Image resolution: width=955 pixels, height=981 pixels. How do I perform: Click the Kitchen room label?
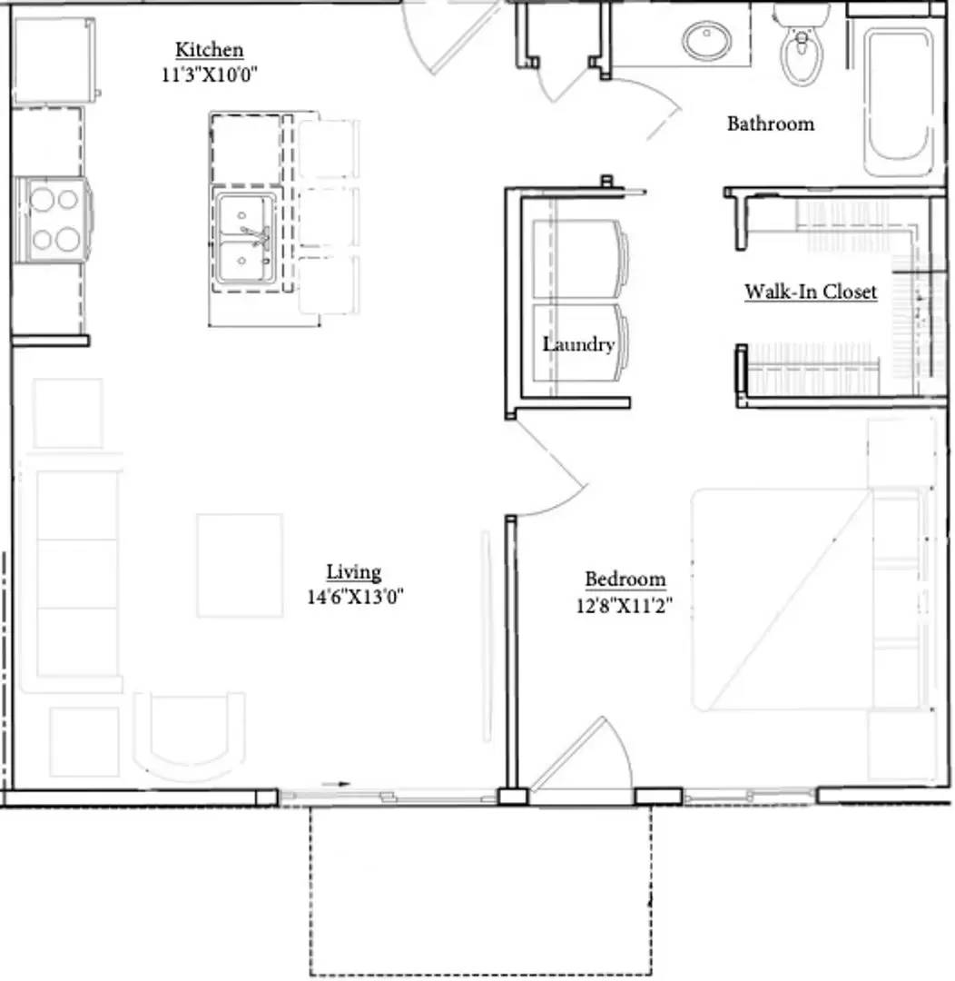click(209, 50)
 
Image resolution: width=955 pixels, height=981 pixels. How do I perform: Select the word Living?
click(354, 572)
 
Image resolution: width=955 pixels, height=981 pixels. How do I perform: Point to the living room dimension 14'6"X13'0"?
click(355, 597)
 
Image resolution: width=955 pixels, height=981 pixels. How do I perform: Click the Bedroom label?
click(625, 579)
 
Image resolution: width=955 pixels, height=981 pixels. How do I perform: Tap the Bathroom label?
click(770, 124)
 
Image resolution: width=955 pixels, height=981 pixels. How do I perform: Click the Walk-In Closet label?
click(811, 292)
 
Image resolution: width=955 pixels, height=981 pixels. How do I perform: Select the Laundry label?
click(578, 344)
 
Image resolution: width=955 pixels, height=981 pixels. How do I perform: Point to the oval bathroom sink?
click(706, 42)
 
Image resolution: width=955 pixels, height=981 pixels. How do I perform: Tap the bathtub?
click(898, 100)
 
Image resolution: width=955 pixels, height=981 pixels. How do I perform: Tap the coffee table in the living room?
click(240, 565)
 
